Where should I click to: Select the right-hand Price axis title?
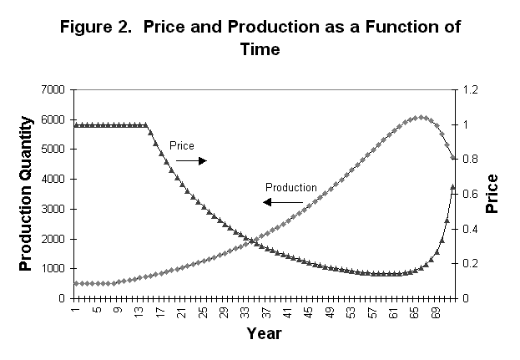493,194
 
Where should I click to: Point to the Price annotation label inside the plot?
181,145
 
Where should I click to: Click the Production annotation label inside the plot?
290,187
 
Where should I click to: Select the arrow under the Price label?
191,160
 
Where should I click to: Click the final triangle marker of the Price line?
453,186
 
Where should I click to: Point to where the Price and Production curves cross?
251,242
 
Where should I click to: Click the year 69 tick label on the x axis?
442,312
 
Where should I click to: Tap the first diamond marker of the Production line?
75,283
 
